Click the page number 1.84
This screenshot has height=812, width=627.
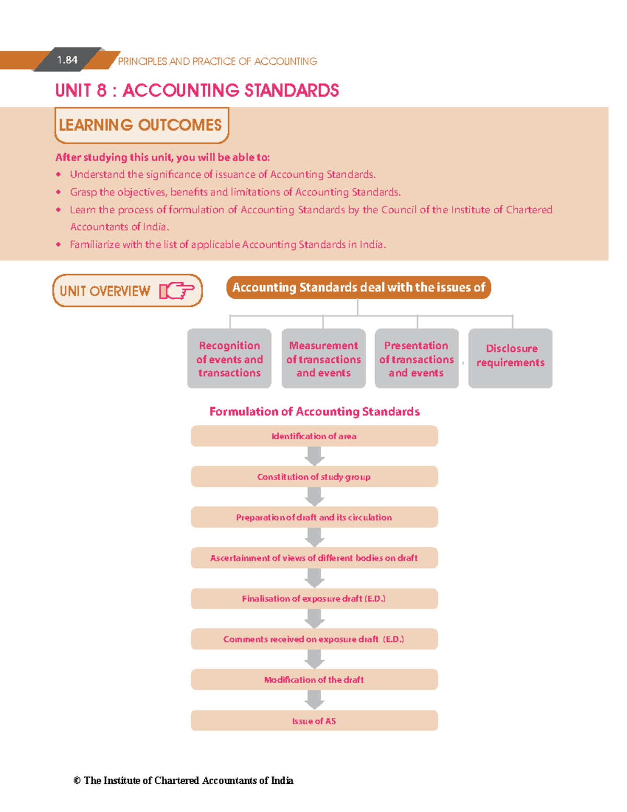click(x=67, y=60)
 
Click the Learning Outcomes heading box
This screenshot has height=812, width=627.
click(x=141, y=125)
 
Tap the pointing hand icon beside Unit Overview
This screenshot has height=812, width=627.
click(x=177, y=291)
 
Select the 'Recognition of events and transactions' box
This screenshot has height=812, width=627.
click(x=229, y=359)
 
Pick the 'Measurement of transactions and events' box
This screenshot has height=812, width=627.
click(x=323, y=359)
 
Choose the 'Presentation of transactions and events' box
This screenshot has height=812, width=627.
click(x=416, y=359)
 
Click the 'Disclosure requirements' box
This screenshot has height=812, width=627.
click(x=510, y=359)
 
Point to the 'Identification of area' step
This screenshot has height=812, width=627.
click(x=314, y=436)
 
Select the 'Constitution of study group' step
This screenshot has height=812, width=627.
click(x=314, y=477)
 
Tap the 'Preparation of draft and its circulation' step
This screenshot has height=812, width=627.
click(x=314, y=517)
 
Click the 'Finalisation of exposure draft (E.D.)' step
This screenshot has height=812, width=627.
click(x=314, y=599)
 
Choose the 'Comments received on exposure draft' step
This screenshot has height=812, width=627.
click(x=314, y=639)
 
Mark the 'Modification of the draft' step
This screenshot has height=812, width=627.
click(x=314, y=680)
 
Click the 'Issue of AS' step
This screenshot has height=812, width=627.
click(x=314, y=720)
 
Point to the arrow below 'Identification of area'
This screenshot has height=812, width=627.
click(x=314, y=456)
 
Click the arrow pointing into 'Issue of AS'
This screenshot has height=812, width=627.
click(x=314, y=700)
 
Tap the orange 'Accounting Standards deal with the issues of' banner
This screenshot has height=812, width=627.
click(x=358, y=288)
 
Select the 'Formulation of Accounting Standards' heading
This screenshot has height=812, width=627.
click(x=314, y=411)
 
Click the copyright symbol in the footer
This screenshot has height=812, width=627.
click(x=77, y=781)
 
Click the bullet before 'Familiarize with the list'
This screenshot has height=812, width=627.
click(x=59, y=244)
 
